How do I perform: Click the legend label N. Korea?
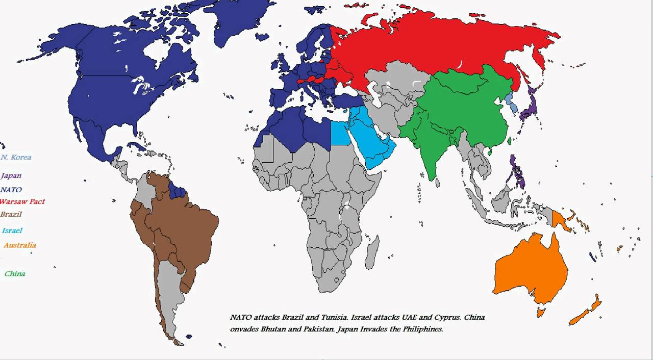point(16,157)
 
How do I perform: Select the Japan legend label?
point(11,175)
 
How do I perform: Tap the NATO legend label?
point(11,190)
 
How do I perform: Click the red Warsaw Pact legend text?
point(22,201)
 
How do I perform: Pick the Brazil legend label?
point(11,214)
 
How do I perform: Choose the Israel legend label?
point(12,230)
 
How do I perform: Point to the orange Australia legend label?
point(20,245)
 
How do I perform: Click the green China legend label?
point(15,273)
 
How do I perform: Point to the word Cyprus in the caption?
point(449,317)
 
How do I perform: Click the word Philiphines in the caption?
point(423,329)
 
